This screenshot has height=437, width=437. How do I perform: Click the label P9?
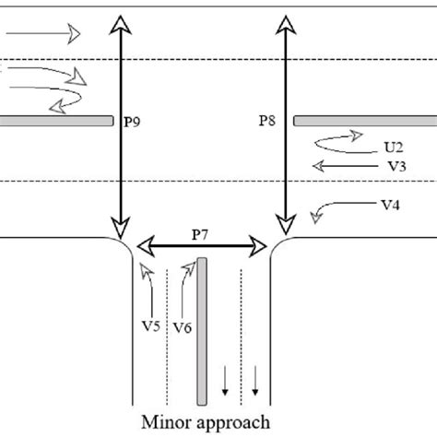tap(132, 120)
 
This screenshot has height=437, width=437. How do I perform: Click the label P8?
tap(266, 120)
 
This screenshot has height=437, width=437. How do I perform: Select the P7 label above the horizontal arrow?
tap(202, 234)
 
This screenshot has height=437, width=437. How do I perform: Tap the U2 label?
tap(395, 146)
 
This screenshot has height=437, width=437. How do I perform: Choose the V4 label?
tap(392, 207)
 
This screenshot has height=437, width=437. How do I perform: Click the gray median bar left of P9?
tap(56, 120)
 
